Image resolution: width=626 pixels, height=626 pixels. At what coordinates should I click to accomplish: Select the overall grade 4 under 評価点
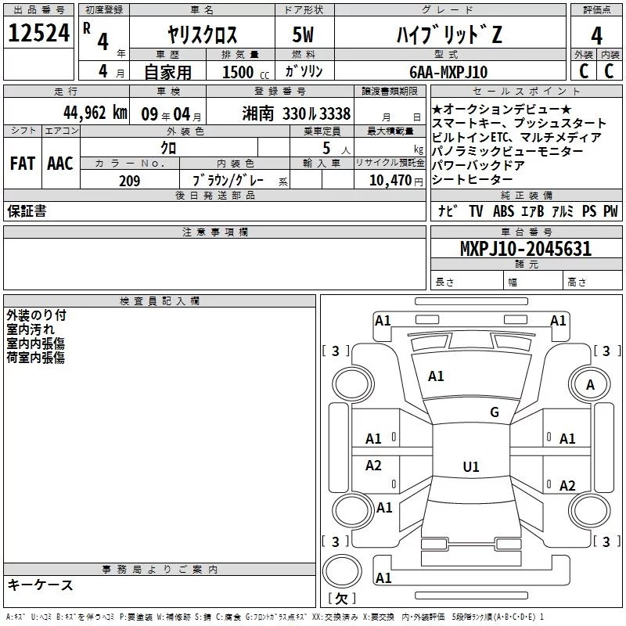596,36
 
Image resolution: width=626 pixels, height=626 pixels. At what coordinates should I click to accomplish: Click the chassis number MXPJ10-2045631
525,249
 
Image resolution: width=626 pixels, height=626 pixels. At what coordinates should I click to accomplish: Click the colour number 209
130,181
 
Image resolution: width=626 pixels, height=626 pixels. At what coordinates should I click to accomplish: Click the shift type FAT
22,164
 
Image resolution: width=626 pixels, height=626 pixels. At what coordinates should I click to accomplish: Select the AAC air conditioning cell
60,164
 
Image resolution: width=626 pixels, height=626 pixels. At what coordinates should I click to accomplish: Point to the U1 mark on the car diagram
470,466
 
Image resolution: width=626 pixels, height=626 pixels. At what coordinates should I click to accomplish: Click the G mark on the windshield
494,412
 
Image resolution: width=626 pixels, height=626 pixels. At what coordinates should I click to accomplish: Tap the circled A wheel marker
591,384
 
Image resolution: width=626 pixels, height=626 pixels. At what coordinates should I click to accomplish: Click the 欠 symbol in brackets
341,599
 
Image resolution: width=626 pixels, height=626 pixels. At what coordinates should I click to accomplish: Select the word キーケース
40,585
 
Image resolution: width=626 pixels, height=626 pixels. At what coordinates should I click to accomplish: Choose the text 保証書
27,211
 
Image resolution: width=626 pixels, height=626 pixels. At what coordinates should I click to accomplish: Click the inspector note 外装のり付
36,315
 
